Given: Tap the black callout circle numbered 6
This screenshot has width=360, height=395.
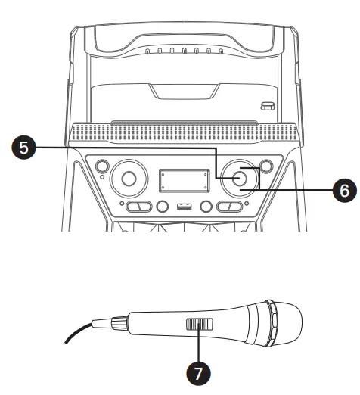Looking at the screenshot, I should (x=341, y=191).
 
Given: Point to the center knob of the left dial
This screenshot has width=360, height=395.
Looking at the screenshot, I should (x=128, y=179).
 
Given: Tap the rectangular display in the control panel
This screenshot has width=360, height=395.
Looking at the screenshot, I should (x=182, y=182).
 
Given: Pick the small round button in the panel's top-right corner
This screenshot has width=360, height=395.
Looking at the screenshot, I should (x=265, y=165).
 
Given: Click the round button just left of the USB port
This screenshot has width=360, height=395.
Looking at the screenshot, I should (x=161, y=207).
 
